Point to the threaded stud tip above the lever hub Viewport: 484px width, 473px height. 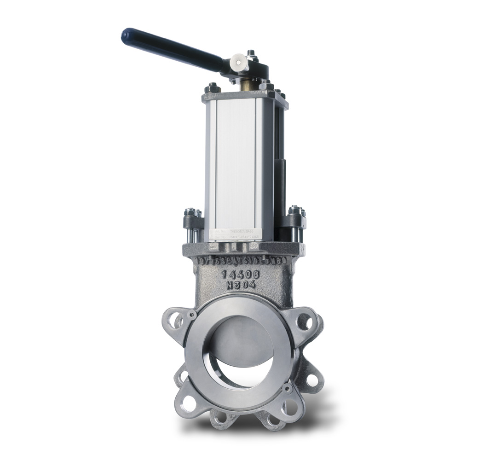(x=251, y=53)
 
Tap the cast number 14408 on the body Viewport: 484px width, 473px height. (x=240, y=274)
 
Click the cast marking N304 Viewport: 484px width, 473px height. (x=240, y=285)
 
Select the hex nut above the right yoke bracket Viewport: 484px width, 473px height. (x=295, y=210)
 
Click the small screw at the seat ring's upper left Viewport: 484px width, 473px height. (x=192, y=315)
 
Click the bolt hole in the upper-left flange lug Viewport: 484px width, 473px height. (x=174, y=321)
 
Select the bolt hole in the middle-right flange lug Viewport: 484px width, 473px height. (x=312, y=380)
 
